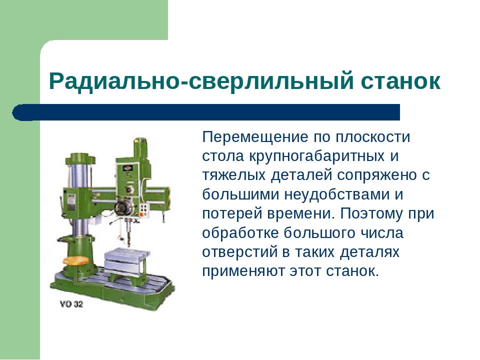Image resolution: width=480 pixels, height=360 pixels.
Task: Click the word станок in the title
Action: [x=400, y=81]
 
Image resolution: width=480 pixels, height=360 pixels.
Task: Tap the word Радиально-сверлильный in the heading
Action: [x=201, y=81]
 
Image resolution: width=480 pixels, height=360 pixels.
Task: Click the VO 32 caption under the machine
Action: [x=71, y=304]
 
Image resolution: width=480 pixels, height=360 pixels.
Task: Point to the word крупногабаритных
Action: [x=316, y=156]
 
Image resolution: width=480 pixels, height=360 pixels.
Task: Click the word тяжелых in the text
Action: [x=233, y=175]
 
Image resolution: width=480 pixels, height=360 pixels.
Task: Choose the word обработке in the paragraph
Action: [x=240, y=233]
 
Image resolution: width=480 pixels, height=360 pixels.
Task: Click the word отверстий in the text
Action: [x=239, y=252]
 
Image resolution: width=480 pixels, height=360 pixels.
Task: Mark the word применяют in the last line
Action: [x=243, y=271]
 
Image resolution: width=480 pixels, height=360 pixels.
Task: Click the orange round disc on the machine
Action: [x=75, y=261]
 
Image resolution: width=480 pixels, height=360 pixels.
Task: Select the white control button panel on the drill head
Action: [x=143, y=210]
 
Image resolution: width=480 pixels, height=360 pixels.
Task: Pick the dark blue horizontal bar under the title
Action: [x=206, y=112]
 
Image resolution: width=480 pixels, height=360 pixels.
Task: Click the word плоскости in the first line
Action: [x=372, y=137]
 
